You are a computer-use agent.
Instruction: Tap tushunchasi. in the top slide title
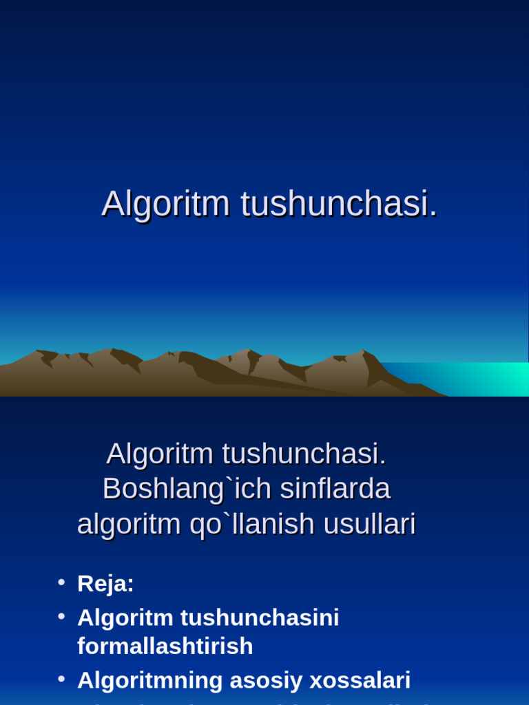point(339,204)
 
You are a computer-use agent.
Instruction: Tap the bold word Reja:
point(105,584)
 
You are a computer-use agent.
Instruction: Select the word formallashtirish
point(165,646)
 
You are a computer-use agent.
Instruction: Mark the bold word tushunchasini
point(260,618)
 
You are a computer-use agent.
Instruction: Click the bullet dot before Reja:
point(61,582)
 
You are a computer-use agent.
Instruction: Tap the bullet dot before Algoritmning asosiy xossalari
point(61,679)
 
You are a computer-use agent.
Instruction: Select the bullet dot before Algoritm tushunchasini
point(61,616)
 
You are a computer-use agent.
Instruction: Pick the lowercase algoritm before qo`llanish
point(129,525)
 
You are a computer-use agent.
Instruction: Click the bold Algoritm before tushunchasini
point(125,618)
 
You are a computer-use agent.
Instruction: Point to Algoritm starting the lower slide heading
point(160,453)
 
